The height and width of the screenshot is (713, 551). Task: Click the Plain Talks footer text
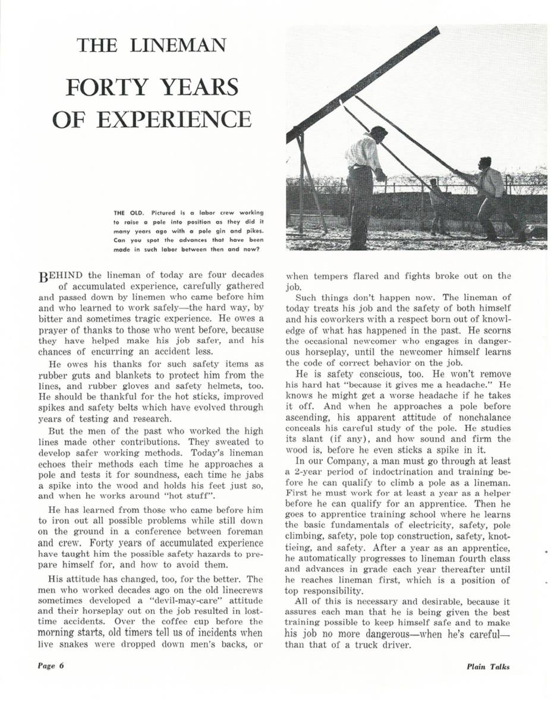coord(488,666)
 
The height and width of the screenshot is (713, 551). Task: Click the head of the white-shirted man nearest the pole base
coord(377,132)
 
